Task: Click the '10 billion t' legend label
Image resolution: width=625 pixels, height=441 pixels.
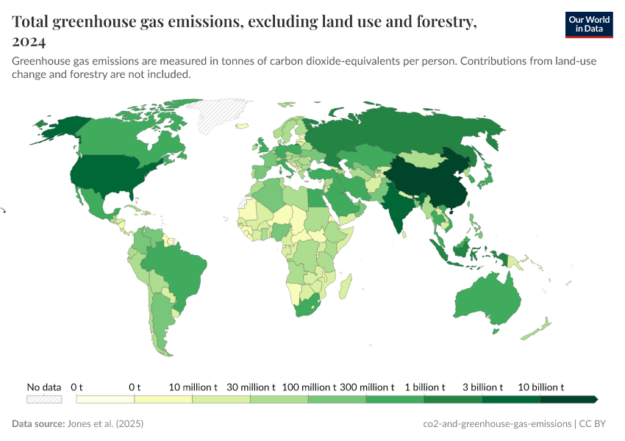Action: point(541,387)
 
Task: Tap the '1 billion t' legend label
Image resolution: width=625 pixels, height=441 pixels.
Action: point(424,387)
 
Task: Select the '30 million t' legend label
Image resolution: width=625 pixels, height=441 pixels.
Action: point(251,387)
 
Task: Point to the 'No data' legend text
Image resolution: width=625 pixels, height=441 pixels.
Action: point(44,387)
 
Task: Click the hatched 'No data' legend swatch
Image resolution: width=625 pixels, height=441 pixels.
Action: point(44,399)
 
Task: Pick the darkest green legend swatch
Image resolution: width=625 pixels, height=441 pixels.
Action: point(568,399)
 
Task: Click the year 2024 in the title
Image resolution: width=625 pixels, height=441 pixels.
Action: point(29,41)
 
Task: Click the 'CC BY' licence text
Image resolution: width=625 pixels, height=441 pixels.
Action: point(596,424)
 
